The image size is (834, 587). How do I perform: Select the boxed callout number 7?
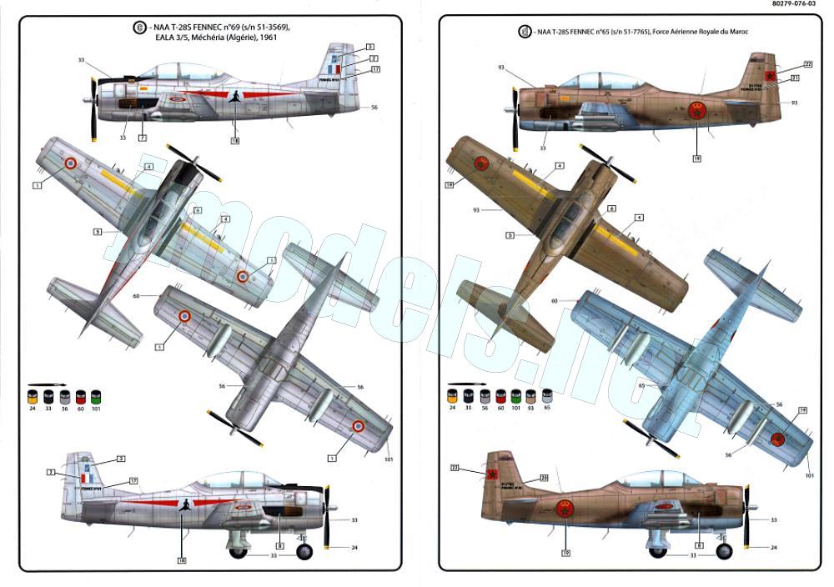tap(143, 137)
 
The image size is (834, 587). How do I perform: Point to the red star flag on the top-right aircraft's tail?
tap(771, 77)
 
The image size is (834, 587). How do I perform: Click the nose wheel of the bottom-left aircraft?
tap(304, 550)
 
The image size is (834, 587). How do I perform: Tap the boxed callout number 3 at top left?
tap(369, 47)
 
